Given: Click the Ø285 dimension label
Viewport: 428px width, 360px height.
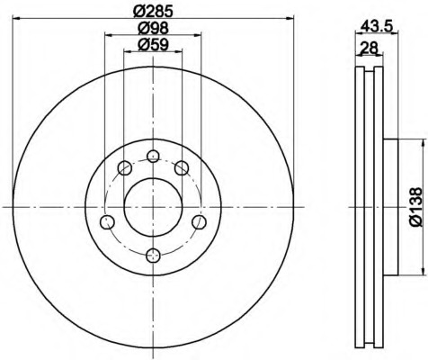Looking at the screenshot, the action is click(153, 11).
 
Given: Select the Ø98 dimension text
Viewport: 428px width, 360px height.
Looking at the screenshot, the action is click(153, 28).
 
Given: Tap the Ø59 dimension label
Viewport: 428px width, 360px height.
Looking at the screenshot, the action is click(153, 45).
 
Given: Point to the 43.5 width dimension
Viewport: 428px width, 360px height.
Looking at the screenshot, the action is click(376, 27).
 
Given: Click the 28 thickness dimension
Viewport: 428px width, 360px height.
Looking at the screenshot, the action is click(369, 48).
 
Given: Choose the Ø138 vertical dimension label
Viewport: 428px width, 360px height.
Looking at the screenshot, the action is click(416, 207).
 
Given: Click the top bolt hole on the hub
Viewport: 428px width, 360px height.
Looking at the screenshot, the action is click(153, 156).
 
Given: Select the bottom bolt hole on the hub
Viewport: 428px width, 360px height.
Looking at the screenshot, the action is click(153, 256).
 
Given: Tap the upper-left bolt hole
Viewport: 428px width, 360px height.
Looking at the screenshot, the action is click(125, 168).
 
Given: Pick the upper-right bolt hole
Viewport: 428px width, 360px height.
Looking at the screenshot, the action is click(182, 168).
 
